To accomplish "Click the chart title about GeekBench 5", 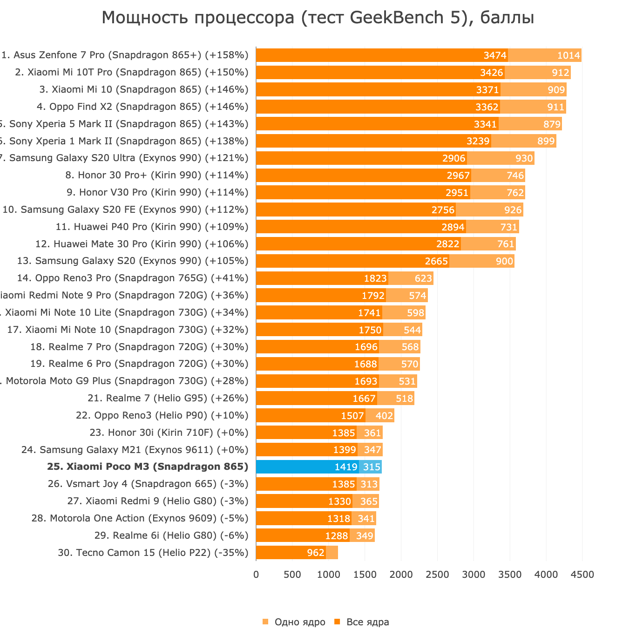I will point(318,18).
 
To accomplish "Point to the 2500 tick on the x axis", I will point(438,575).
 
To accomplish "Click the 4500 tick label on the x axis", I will point(582,575).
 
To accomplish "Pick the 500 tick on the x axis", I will point(292,575).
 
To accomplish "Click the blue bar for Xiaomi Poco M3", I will point(307,467).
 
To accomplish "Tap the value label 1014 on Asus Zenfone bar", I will point(568,55).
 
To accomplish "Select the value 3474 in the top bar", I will point(495,55).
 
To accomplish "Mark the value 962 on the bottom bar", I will point(316,553).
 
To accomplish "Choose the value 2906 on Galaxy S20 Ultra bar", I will point(454,158).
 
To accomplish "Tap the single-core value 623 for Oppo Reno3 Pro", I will point(423,278).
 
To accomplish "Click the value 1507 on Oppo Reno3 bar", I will point(352,415).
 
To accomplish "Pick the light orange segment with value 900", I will point(482,261).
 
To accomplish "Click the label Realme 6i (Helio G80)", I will point(171,535).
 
